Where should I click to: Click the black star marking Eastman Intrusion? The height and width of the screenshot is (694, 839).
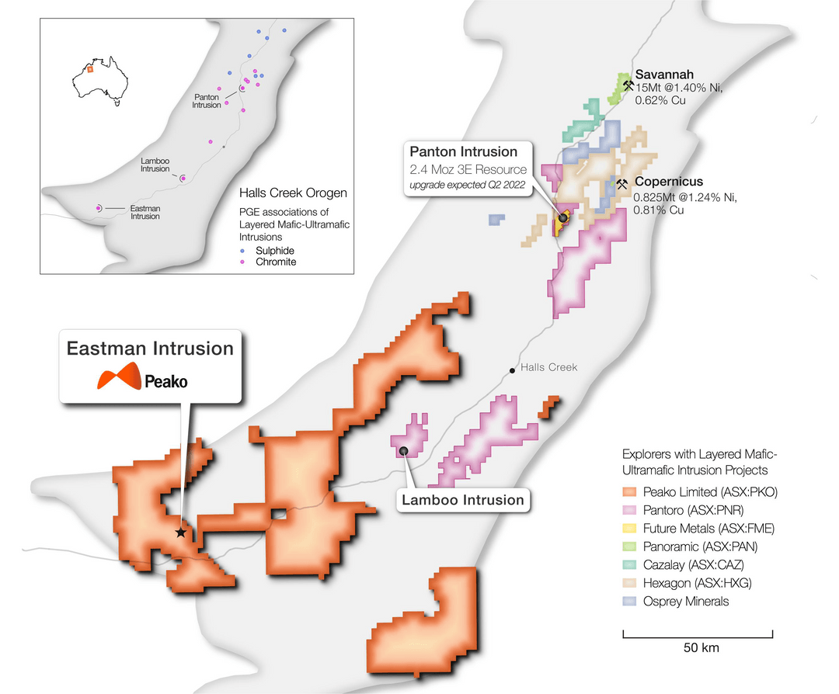[x=180, y=533]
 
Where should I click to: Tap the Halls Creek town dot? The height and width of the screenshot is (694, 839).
[x=511, y=371]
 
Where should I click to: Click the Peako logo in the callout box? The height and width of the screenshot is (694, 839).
[x=142, y=380]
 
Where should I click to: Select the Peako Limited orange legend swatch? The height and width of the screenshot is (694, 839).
[x=629, y=491]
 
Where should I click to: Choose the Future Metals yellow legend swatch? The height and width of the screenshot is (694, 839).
[x=629, y=528]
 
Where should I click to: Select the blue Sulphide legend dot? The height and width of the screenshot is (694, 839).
[x=242, y=251]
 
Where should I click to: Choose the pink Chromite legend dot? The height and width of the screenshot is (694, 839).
[x=242, y=262]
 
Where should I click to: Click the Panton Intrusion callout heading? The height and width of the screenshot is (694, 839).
[x=464, y=152]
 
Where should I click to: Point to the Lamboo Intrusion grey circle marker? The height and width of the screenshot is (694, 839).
[x=403, y=451]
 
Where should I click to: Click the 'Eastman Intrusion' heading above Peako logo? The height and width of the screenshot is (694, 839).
[x=150, y=349]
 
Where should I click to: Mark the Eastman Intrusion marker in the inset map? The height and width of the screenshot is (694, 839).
[x=99, y=208]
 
